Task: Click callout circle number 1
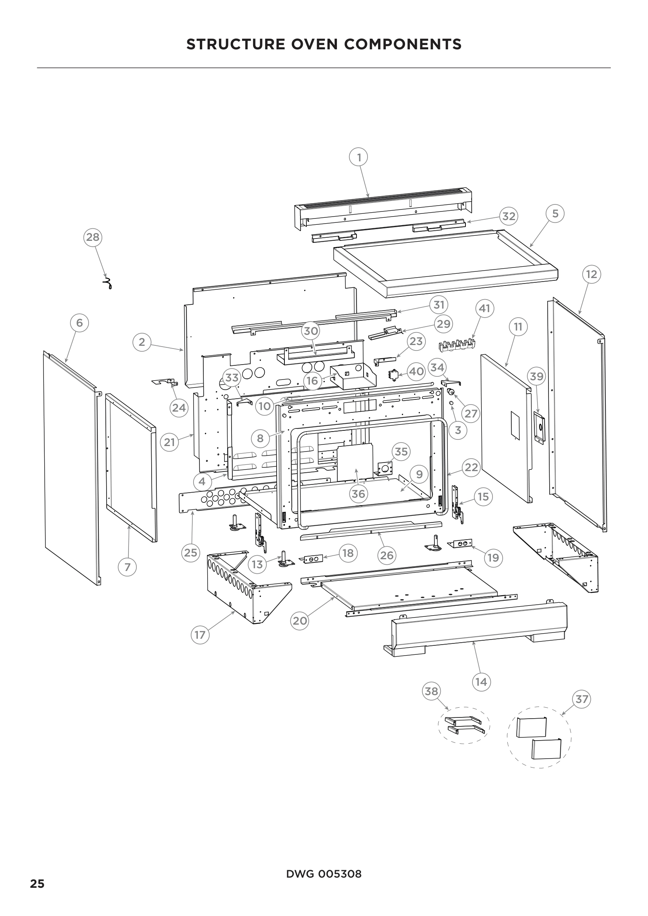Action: (x=358, y=157)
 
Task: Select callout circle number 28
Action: (x=92, y=237)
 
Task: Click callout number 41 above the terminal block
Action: (x=484, y=308)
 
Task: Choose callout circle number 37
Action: (x=581, y=699)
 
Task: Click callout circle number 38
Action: (x=431, y=691)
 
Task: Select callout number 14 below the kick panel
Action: (x=481, y=682)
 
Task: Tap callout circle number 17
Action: (x=199, y=635)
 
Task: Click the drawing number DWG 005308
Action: (x=324, y=874)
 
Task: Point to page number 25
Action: (x=38, y=883)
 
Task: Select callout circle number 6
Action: (x=80, y=322)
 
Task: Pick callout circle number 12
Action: (x=591, y=274)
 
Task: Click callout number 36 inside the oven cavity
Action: (x=358, y=494)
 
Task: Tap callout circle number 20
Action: (x=300, y=620)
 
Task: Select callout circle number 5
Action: (x=555, y=213)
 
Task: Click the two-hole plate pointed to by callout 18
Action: (x=313, y=559)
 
